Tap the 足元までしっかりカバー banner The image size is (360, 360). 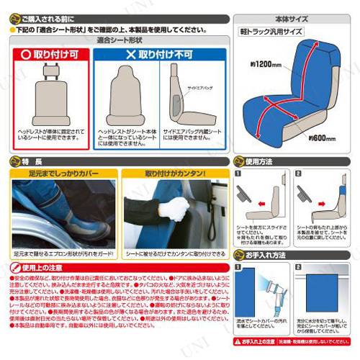60,173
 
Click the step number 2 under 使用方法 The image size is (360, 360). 298,174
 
